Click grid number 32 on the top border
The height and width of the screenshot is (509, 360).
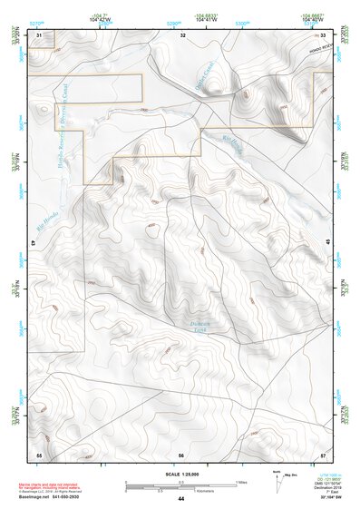pyautogui.click(x=182, y=34)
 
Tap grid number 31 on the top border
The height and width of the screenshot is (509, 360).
pyautogui.click(x=40, y=34)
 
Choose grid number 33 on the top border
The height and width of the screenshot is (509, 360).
pyautogui.click(x=324, y=34)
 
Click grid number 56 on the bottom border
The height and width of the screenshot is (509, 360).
pyautogui.click(x=181, y=454)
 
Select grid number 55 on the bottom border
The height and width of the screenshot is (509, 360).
pyautogui.click(x=39, y=454)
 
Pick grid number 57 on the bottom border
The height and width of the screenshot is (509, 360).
pyautogui.click(x=324, y=454)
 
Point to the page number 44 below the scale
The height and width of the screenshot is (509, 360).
pyautogui.click(x=181, y=498)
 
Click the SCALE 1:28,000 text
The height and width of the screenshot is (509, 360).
pyautogui.click(x=181, y=475)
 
